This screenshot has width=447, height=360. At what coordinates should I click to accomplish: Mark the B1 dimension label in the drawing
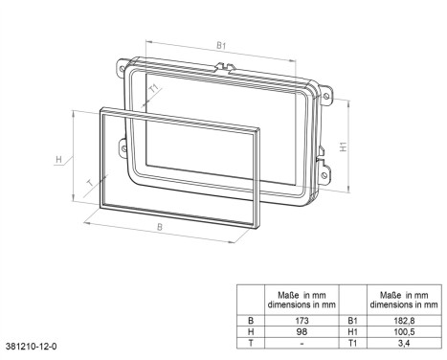[220, 44]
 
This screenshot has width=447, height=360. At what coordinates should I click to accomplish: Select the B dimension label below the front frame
[160, 228]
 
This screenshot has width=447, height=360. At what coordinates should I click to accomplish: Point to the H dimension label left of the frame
[58, 158]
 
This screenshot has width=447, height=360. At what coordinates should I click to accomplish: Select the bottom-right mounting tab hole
[327, 174]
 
